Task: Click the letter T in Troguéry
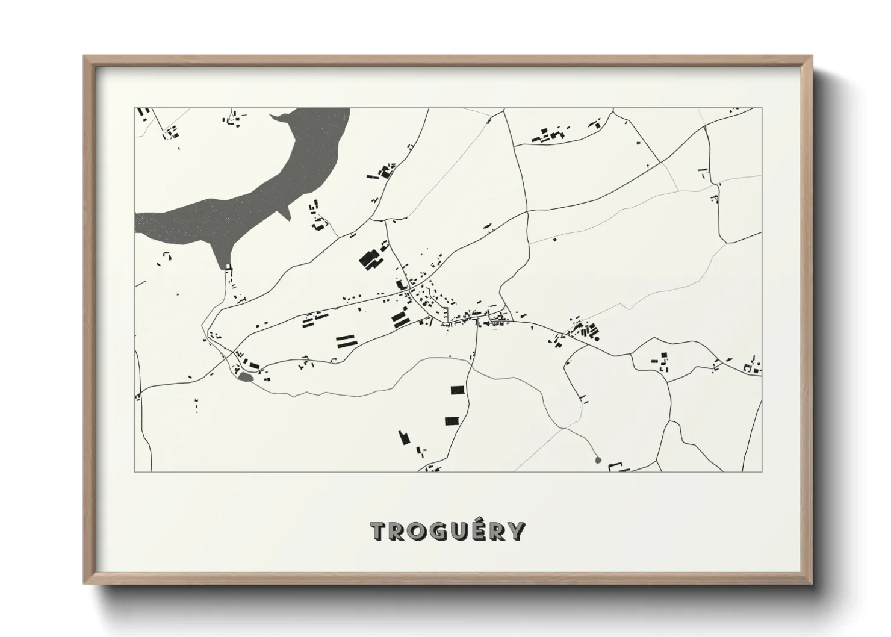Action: pyautogui.click(x=380, y=532)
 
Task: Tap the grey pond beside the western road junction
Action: pyautogui.click(x=244, y=378)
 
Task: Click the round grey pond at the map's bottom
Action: pyautogui.click(x=597, y=460)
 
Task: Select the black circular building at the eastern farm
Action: pyautogui.click(x=597, y=338)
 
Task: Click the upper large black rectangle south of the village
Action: pyautogui.click(x=459, y=390)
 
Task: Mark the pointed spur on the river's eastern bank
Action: pyautogui.click(x=287, y=213)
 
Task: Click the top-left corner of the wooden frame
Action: pyautogui.click(x=84, y=57)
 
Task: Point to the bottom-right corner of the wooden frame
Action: pyautogui.click(x=812, y=583)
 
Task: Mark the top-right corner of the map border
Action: pyautogui.click(x=762, y=108)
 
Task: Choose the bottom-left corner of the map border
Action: pyautogui.click(x=134, y=471)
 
